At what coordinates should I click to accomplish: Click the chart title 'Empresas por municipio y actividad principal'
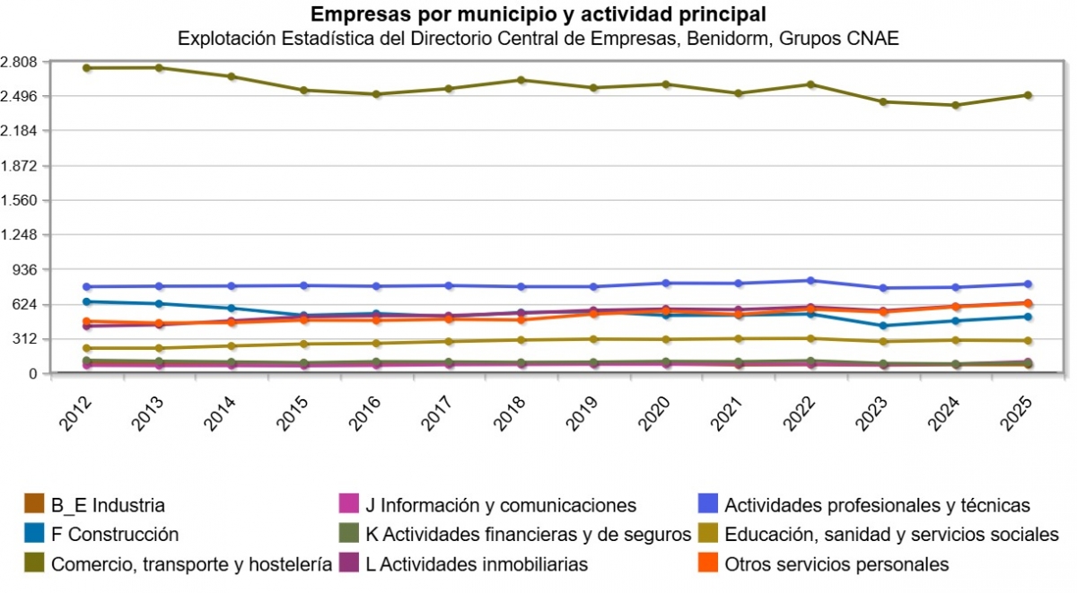coord(538,14)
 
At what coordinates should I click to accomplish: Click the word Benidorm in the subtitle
coord(723,39)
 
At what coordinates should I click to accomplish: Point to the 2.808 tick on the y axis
coord(19,62)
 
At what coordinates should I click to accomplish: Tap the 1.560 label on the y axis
coord(19,200)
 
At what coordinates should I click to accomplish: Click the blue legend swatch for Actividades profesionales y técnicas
coord(710,505)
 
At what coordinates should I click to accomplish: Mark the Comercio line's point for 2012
coord(86,68)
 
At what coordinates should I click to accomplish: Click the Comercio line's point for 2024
coord(955,105)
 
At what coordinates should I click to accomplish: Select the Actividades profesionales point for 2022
coord(810,281)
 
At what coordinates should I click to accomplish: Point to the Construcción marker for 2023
coord(883,326)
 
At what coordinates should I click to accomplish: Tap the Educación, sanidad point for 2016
coord(376,344)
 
